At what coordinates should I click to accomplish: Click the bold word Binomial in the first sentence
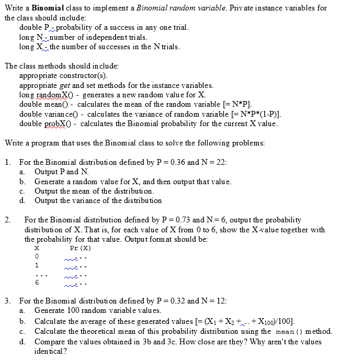[49, 8]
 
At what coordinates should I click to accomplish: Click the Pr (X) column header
[80, 248]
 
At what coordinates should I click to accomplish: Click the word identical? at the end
[50, 351]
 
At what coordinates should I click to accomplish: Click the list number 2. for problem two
[7, 220]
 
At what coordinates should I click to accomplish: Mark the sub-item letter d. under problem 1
[22, 200]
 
